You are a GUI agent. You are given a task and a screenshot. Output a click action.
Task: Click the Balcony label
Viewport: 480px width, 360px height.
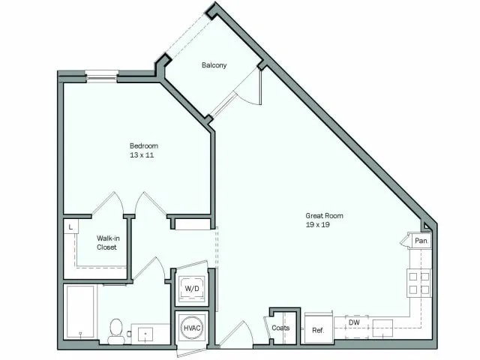214,65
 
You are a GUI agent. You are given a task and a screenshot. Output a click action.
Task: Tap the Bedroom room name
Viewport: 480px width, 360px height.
144,145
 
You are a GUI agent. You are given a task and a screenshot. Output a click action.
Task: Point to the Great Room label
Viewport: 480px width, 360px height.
324,215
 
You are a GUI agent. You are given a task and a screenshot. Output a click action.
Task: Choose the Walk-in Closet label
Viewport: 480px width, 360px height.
106,243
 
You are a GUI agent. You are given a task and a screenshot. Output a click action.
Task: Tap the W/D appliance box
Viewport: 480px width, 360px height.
192,289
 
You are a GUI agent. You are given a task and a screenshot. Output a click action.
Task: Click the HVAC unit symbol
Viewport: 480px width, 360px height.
192,328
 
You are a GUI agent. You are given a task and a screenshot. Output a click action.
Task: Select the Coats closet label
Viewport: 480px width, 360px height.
281,328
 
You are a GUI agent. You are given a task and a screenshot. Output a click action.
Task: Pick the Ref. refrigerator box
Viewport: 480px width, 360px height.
318,329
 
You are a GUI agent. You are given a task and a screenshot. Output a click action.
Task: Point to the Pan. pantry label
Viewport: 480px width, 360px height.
421,241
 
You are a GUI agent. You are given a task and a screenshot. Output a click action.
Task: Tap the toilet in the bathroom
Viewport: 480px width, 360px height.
116,331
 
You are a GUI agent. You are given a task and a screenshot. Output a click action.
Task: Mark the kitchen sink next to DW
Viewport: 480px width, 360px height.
382,325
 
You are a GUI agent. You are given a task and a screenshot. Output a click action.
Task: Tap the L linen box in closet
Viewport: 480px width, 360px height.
70,226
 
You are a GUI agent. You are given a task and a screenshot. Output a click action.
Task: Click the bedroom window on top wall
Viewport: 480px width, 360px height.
102,74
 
